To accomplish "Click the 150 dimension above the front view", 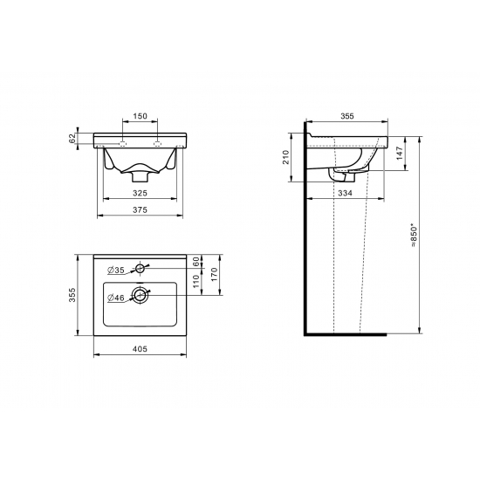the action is pos(140,116).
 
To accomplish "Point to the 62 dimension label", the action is pos(72,139).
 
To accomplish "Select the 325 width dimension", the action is pos(140,193).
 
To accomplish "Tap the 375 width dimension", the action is pos(140,209).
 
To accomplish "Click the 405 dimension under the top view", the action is pos(140,349).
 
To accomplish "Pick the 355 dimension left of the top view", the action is pos(72,295).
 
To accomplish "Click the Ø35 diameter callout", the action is pos(116,270).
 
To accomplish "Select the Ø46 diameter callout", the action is pos(116,298).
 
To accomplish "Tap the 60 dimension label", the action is pos(195,262).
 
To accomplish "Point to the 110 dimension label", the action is pos(195,281).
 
